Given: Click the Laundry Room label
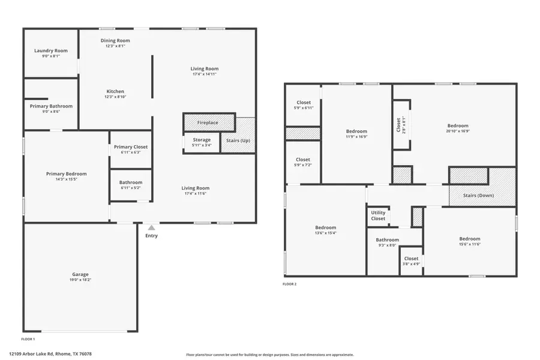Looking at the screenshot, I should pos(50,50).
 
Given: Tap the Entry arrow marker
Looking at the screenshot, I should pos(152,227).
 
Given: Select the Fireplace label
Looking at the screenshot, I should pos(208,123).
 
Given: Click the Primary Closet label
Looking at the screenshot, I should pos(131,147).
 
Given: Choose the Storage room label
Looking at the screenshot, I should pos(202,140).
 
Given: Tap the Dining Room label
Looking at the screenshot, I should pos(115,41).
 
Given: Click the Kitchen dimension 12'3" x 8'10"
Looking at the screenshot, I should pos(115,97).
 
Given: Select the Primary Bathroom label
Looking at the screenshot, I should pos(51,106).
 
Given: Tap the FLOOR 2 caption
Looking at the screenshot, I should pos(289,284).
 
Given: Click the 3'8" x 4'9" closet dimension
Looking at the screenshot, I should pos(411,263).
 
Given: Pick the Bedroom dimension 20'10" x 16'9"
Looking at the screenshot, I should pos(458,131).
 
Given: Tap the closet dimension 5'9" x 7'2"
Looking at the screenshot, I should pos(303,165).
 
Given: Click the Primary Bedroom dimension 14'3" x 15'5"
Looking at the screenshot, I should pos(66,179).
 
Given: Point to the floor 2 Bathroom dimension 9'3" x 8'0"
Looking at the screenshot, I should pos(387,245).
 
